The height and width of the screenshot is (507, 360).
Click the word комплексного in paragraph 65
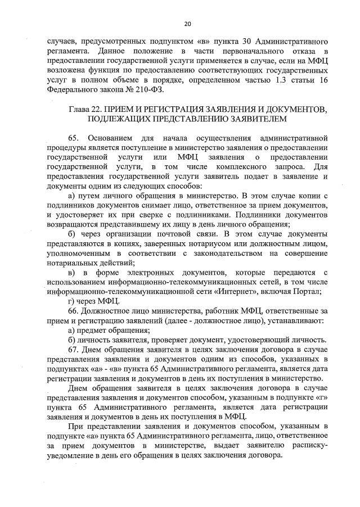coord(260,168)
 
